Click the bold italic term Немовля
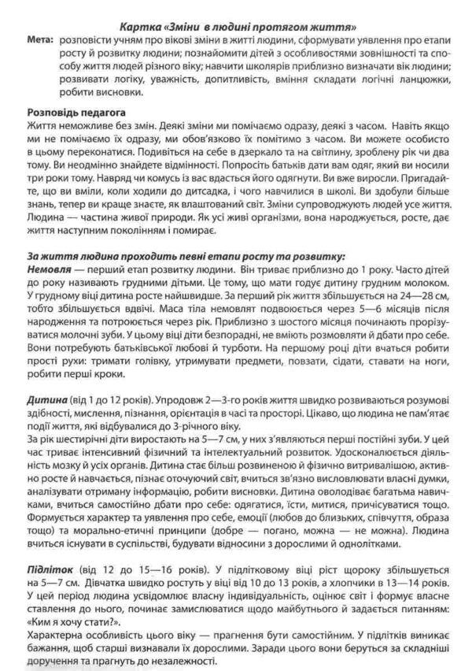pos(51,269)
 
